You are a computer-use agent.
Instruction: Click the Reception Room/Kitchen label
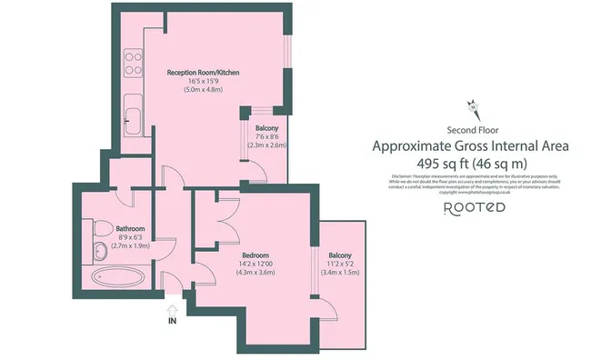202,72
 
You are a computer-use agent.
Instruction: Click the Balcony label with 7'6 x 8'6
266,128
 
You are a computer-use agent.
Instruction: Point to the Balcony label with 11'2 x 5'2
339,255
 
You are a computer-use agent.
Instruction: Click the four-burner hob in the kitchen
131,62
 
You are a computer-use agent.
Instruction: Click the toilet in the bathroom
99,228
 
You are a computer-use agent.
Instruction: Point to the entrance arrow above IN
171,308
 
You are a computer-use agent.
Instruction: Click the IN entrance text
171,321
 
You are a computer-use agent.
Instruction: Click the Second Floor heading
471,130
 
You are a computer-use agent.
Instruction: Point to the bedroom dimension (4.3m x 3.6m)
255,273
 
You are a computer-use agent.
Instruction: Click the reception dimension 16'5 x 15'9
202,81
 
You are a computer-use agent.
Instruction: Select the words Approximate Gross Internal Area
471,145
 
